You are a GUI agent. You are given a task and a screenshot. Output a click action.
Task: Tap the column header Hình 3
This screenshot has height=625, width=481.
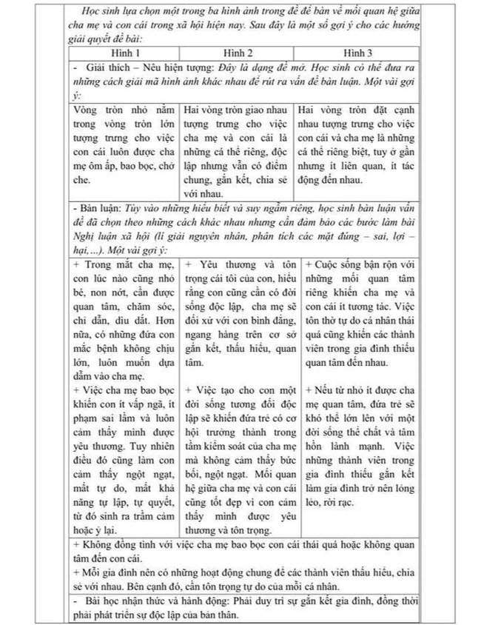(x=360, y=55)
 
